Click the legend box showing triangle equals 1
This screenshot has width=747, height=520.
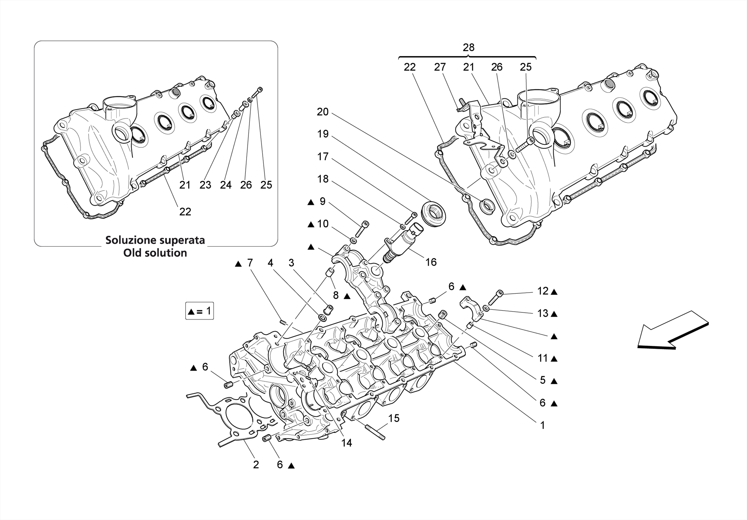199,311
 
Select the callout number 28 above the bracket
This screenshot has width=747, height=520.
468,47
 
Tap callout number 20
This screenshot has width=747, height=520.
322,112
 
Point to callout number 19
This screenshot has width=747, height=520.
322,134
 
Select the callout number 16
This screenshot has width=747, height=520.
431,262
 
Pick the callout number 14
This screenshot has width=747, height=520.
346,443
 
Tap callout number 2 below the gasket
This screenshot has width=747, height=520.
256,465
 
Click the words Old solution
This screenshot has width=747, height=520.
155,253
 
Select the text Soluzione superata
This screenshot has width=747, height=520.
155,240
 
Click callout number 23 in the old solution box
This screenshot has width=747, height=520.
205,185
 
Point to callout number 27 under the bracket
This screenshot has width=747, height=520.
440,67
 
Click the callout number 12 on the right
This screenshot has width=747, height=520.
543,291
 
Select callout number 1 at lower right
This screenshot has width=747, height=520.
542,425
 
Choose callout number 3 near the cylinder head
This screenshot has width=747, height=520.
291,263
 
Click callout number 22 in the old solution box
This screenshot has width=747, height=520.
185,212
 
